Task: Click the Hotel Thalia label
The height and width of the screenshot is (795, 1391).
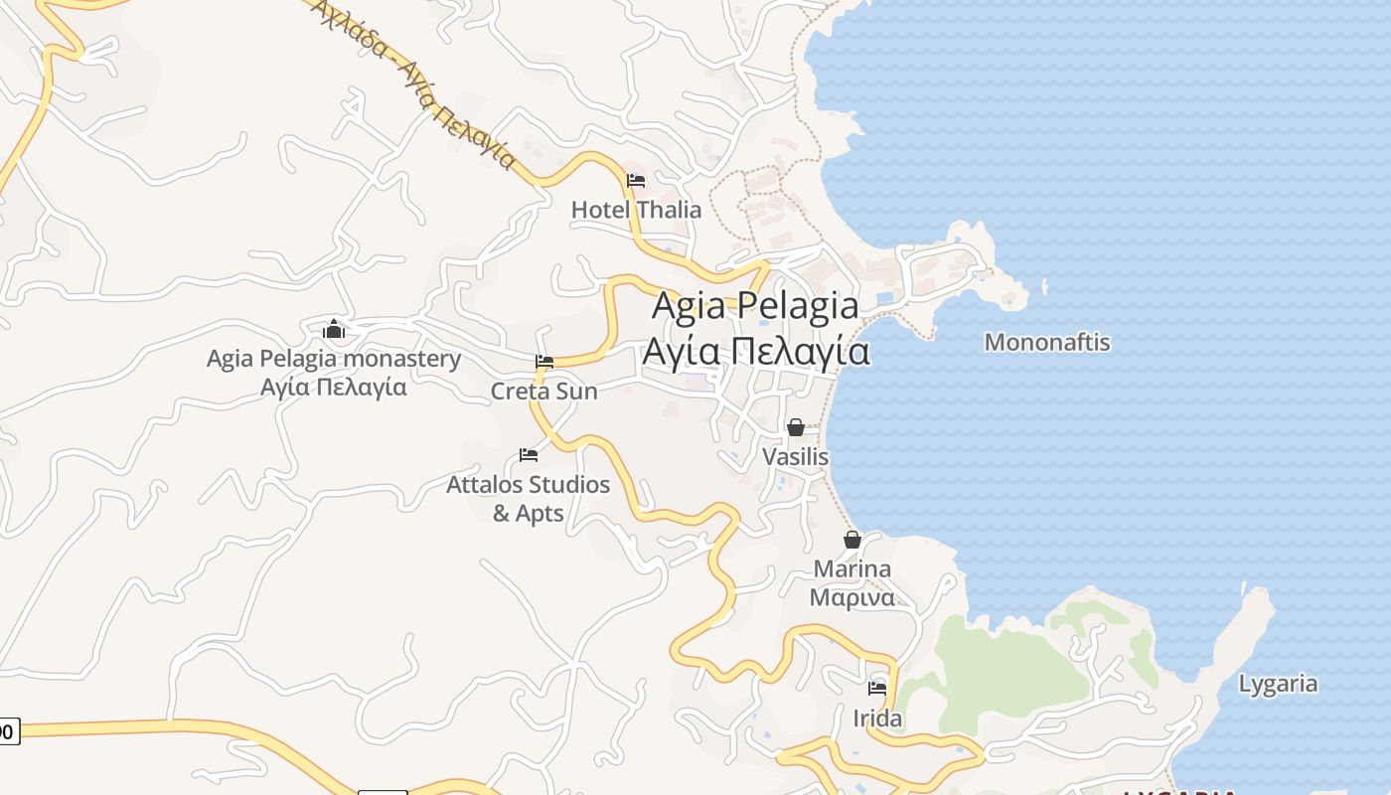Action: coord(636,210)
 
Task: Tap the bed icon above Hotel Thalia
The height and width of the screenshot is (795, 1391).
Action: coord(636,181)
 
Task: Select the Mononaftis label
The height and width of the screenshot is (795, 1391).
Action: coord(1046,343)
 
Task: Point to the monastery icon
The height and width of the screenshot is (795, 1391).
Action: coord(334,329)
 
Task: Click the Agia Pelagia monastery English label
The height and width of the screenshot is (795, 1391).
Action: coord(334,359)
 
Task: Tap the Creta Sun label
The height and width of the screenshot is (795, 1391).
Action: coord(544,392)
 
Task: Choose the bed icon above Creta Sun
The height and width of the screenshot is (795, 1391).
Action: coord(544,362)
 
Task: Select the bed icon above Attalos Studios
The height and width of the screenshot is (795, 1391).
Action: coord(529,455)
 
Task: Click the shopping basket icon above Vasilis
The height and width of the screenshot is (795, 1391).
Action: coord(796,427)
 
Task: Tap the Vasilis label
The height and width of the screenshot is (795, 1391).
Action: coord(795,457)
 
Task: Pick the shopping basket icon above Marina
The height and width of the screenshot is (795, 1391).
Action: coord(852,540)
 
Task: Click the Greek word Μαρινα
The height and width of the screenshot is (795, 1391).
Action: coord(851,597)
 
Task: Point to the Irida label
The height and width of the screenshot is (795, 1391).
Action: coord(877,718)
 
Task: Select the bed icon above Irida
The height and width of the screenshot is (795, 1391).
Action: coord(877,688)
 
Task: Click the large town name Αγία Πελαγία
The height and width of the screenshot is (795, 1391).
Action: coord(755,352)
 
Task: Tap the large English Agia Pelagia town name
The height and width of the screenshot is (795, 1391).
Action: coord(755,306)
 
